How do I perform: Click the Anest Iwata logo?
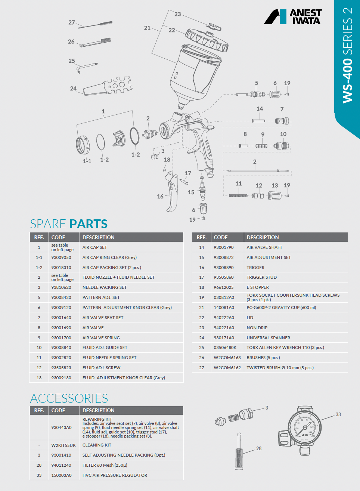(293, 17)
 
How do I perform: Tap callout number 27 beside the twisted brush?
(72, 22)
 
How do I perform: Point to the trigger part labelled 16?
(172, 194)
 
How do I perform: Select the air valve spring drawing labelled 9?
(261, 146)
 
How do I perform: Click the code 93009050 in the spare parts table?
(61, 257)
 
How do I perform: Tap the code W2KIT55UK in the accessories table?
(63, 445)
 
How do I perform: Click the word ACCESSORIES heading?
(69, 398)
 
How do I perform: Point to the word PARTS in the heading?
(89, 224)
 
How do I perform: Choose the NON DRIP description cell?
(257, 328)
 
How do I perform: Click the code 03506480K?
(225, 348)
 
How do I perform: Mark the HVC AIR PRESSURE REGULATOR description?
(115, 475)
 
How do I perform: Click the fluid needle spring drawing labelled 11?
(238, 195)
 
